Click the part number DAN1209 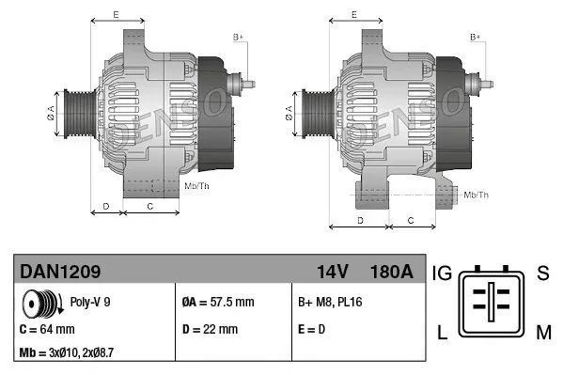tap(61, 272)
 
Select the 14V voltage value tap(332, 272)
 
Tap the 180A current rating tap(392, 272)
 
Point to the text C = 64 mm tap(47, 330)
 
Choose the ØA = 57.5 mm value tap(217, 303)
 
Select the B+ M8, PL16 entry tap(330, 303)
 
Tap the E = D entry tap(313, 330)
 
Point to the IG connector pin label tap(443, 273)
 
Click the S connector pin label tap(542, 273)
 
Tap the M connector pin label tap(543, 331)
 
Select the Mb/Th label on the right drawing tap(477, 195)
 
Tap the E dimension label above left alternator tap(115, 14)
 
